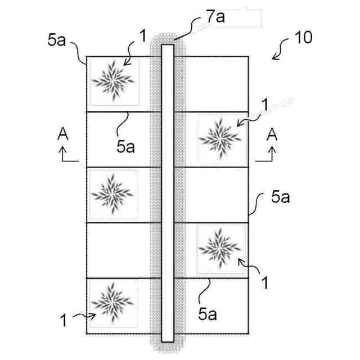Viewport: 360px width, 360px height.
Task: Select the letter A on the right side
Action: (x=272, y=134)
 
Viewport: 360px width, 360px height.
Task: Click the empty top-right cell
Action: (x=217, y=83)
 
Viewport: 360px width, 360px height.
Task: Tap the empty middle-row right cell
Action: (x=217, y=193)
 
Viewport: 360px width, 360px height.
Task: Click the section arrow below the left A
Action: (x=67, y=154)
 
